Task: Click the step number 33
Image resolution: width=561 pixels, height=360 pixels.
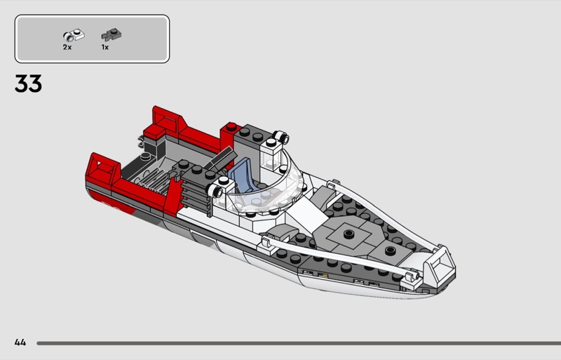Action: pyautogui.click(x=28, y=84)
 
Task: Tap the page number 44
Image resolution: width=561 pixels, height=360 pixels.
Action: pyautogui.click(x=20, y=342)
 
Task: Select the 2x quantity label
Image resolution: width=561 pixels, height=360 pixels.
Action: pyautogui.click(x=67, y=47)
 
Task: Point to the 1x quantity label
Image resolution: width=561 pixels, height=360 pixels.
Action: pyautogui.click(x=104, y=47)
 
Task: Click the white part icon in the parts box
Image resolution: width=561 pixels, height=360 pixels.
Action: pyautogui.click(x=74, y=35)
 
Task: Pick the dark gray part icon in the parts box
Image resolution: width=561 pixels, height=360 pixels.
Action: pyautogui.click(x=111, y=34)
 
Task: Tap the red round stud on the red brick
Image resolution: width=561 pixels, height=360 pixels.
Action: pyautogui.click(x=231, y=126)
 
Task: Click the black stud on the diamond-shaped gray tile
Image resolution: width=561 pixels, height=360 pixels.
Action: pyautogui.click(x=349, y=234)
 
